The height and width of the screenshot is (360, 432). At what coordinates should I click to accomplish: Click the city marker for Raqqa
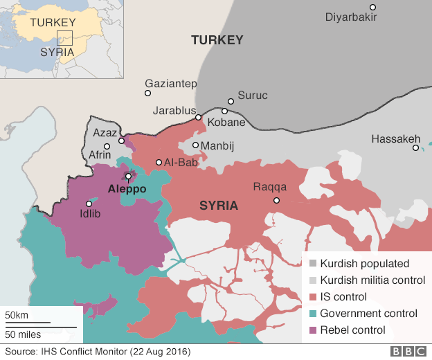[276, 201]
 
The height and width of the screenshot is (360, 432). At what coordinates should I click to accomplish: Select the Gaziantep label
[171, 83]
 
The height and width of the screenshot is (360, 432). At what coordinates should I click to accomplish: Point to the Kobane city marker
[225, 111]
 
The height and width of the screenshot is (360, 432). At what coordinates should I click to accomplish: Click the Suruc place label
[252, 96]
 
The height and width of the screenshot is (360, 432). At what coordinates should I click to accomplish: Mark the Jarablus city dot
[198, 118]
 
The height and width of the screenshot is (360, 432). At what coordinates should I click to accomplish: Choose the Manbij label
[219, 146]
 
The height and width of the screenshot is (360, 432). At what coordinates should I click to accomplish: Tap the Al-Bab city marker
[159, 163]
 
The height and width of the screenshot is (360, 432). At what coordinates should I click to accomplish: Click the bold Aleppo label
[127, 188]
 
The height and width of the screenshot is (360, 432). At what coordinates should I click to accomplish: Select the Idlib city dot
[88, 204]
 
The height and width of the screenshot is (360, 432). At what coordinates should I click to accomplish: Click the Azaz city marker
[121, 141]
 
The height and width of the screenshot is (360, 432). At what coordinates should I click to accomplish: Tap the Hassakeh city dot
[415, 147]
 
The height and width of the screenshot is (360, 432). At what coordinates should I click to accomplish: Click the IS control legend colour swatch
[313, 297]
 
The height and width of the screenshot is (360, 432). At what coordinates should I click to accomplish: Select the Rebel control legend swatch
[313, 330]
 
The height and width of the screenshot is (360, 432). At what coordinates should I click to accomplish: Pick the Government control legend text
[368, 314]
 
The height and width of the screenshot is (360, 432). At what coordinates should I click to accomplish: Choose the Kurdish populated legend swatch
[313, 264]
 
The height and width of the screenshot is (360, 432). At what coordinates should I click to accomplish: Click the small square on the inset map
[64, 38]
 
